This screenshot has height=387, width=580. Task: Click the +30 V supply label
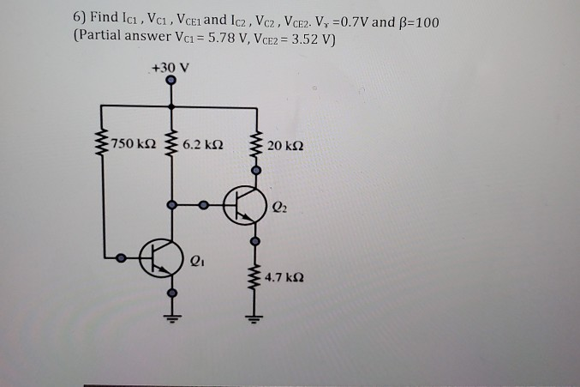170,65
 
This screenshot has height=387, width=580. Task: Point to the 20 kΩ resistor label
284,143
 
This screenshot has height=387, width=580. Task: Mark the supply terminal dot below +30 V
172,82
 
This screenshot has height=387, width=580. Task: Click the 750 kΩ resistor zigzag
105,144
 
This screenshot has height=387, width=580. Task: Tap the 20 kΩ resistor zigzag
255,144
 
